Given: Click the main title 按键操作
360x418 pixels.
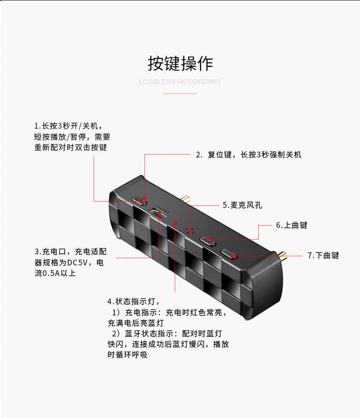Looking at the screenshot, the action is point(180,63).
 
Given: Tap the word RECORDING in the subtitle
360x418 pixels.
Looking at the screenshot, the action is point(199,82).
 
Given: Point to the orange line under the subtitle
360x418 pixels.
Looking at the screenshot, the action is point(180,94).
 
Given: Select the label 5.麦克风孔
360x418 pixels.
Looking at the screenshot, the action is point(242,205).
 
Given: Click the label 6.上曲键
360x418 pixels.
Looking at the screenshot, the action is point(291,225).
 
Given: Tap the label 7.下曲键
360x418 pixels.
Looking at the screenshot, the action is point(323,255).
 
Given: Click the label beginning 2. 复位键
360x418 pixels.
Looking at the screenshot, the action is point(249,155).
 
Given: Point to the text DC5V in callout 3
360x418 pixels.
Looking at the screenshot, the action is point(77,263).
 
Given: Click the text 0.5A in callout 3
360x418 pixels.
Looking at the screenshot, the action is point(51,274).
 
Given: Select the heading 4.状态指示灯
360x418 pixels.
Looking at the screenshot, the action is point(133,301).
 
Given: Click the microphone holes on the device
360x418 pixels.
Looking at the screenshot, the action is point(190,230).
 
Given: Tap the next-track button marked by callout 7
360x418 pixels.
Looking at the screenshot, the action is point(229,254).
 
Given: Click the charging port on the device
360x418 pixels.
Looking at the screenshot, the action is point(159,213).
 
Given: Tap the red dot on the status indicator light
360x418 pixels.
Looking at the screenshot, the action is point(175,223).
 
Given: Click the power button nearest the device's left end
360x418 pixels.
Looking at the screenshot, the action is point(139,201).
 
